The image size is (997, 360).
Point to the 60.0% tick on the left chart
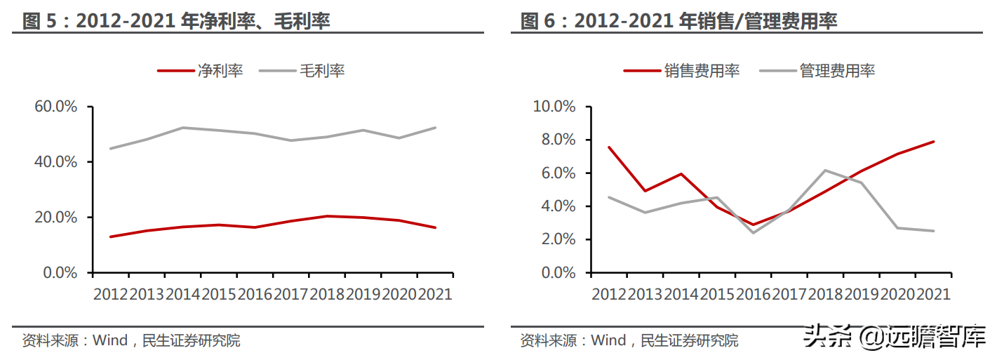[x=55, y=107]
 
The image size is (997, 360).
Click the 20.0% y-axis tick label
[x=55, y=218]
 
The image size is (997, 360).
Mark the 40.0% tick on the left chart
[x=55, y=162]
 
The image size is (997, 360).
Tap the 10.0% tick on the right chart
[x=554, y=107]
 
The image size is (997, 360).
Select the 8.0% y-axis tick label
[x=558, y=140]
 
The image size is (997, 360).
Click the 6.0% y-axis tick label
[x=558, y=173]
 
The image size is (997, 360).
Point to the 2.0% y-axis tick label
[x=558, y=239]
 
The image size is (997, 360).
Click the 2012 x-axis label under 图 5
[x=111, y=294]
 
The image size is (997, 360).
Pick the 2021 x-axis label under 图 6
[x=932, y=294]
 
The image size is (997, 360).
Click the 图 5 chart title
[x=176, y=21]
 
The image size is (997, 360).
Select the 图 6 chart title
[x=678, y=21]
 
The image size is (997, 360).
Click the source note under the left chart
[x=131, y=341]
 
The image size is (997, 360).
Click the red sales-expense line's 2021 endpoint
[x=933, y=142]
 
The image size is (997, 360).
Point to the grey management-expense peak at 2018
[x=825, y=170]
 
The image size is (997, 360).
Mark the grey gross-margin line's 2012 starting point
[x=111, y=148]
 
